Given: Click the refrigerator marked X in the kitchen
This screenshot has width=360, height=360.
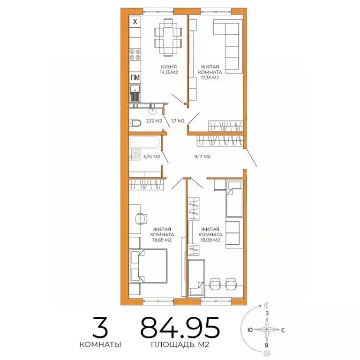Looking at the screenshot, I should [x=135, y=22].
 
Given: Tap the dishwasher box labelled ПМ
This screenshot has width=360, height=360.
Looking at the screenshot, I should [x=135, y=78].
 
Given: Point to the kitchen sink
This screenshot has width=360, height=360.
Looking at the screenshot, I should [x=135, y=93].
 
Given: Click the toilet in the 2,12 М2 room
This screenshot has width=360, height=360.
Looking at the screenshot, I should [x=135, y=123].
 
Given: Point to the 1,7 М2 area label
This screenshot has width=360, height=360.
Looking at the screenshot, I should [x=178, y=121].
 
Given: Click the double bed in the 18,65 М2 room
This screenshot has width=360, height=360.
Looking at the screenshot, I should [x=149, y=265].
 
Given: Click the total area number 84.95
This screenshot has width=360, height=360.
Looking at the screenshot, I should [x=180, y=327].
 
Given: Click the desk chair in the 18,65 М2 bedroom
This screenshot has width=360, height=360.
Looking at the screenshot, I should [x=142, y=219].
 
